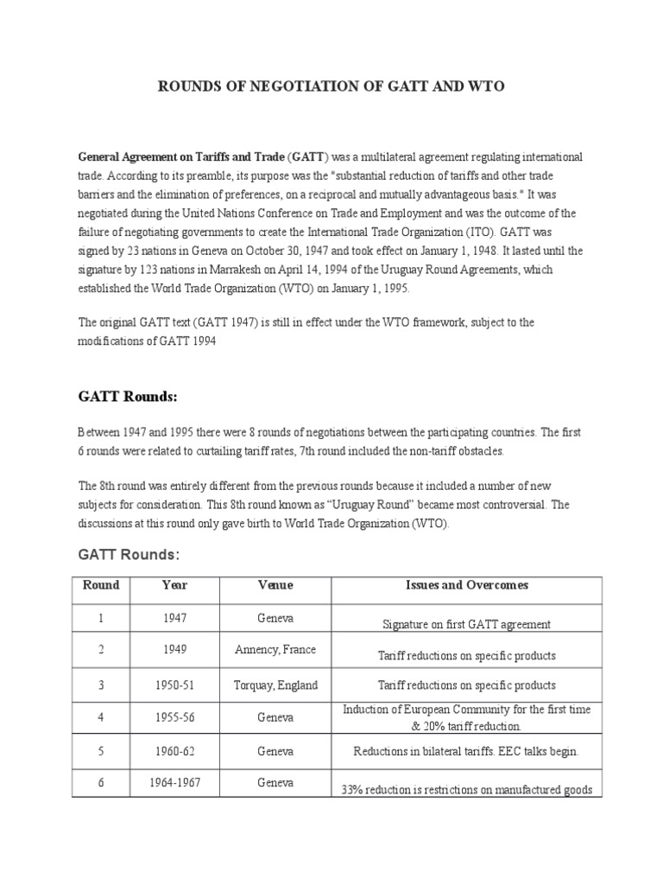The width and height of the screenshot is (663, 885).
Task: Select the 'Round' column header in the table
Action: click(101, 585)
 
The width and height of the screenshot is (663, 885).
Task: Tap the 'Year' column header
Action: click(174, 585)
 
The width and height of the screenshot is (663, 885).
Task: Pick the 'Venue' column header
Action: click(275, 585)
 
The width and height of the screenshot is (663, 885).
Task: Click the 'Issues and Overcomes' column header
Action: click(467, 585)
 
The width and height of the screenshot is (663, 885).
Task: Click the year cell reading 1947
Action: click(174, 619)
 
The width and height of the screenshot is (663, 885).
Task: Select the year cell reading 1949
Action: click(174, 650)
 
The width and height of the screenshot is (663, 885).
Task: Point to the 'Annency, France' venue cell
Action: click(275, 650)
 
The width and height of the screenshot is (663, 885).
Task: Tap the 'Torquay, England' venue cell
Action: click(275, 685)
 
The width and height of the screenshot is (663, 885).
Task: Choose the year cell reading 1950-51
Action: click(174, 685)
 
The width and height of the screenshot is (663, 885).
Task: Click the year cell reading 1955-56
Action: click(174, 717)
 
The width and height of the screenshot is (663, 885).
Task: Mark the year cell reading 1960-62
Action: click(174, 751)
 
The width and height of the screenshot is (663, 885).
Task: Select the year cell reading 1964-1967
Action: click(174, 783)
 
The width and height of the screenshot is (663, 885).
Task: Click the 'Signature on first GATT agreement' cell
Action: click(466, 624)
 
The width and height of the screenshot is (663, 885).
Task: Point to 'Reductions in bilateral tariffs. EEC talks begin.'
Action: click(466, 752)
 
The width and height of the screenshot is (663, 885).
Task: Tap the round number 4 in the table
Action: click(101, 717)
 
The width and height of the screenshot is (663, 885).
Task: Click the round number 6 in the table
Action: click(101, 783)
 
